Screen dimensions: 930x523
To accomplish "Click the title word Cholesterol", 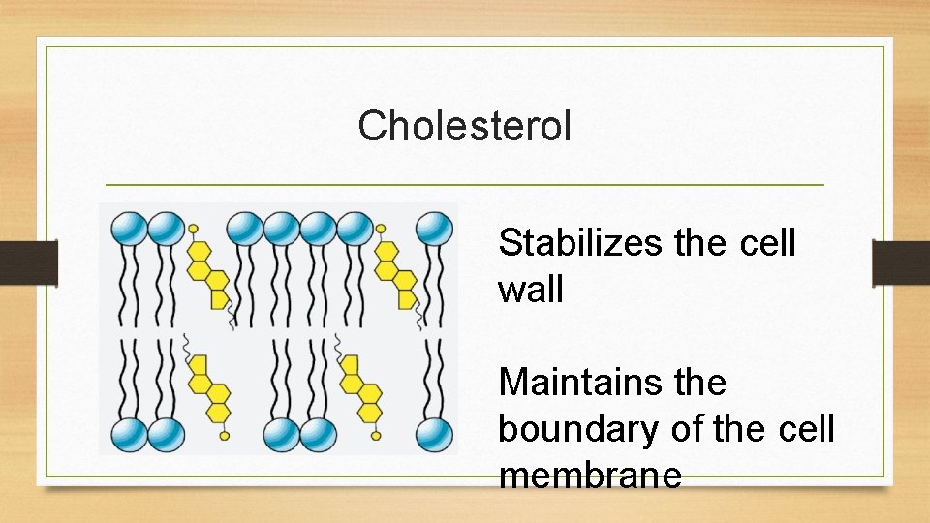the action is (464, 126).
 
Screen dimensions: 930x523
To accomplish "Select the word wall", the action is (530, 289).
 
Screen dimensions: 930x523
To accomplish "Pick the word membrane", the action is (590, 476).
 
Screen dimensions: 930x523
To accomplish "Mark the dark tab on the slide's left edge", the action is (28, 263).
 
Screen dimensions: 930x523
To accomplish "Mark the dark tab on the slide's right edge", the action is (901, 263).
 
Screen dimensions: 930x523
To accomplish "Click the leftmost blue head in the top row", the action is (128, 230).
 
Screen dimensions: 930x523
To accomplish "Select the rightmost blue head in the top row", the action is (434, 230).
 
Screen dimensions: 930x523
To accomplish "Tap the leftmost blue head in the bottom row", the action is (128, 435).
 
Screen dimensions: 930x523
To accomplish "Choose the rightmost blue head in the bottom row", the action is (434, 435).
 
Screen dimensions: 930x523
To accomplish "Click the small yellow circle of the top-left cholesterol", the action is (193, 230).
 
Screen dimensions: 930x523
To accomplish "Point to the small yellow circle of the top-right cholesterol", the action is (381, 230).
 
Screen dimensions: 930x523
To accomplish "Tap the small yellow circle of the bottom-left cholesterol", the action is (225, 436).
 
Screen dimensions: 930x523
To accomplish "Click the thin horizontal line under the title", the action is (464, 184).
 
